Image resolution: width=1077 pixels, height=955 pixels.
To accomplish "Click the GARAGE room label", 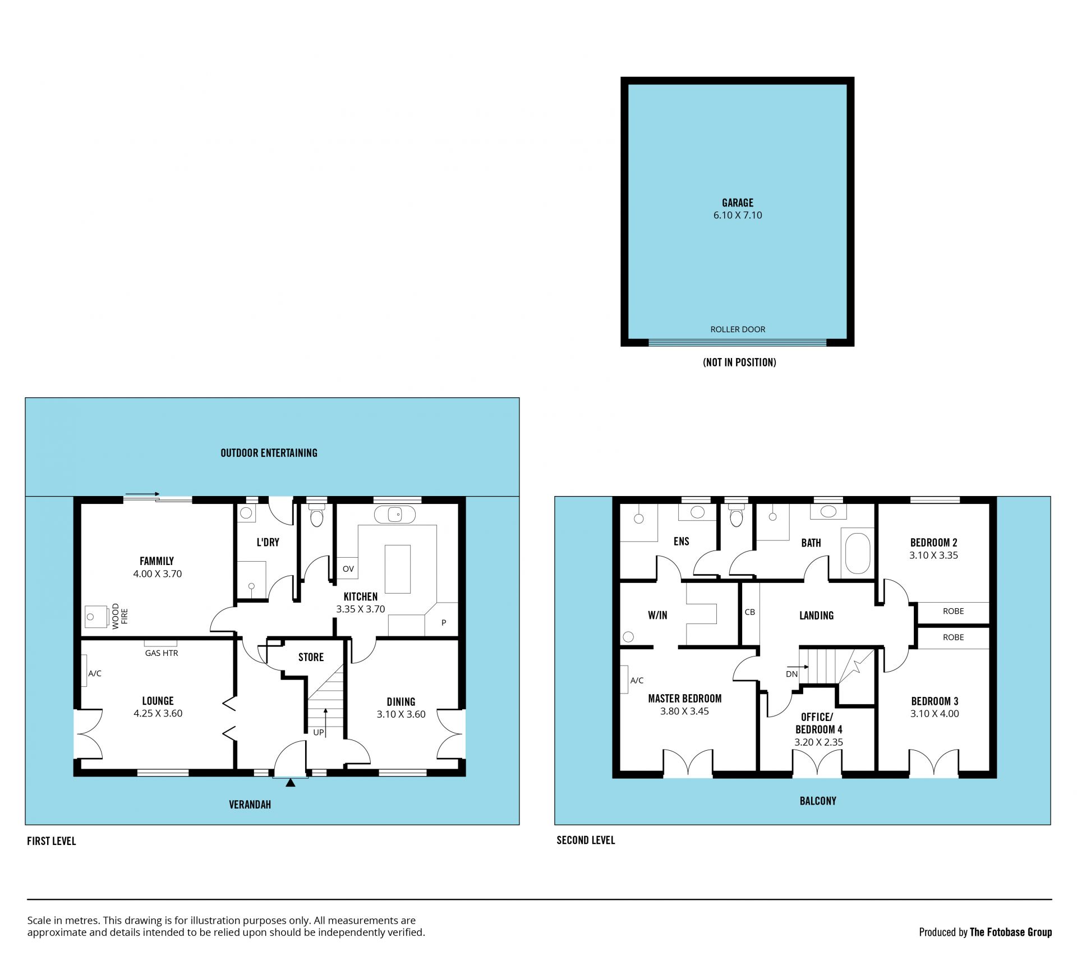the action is pyautogui.click(x=738, y=203).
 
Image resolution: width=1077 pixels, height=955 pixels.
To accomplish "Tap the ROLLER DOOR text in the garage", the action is pyautogui.click(x=738, y=329).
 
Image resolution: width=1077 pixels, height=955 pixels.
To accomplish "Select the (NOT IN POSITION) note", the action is pyautogui.click(x=739, y=362).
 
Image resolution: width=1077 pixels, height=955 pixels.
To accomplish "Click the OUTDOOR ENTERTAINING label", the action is pyautogui.click(x=269, y=453).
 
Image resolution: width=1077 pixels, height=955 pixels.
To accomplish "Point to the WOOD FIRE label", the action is pyautogui.click(x=120, y=616).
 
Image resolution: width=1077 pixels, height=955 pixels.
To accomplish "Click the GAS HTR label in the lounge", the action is pyautogui.click(x=162, y=653).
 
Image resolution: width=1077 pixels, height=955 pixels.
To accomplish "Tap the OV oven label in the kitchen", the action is pyautogui.click(x=348, y=569).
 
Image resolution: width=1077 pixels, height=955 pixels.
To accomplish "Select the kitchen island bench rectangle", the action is pyautogui.click(x=397, y=568).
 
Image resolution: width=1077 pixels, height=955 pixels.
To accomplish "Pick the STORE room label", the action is pyautogui.click(x=311, y=657).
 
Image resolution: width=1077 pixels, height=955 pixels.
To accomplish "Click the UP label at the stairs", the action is pyautogui.click(x=319, y=732).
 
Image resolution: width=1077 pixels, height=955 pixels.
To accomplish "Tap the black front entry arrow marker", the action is pyautogui.click(x=290, y=782).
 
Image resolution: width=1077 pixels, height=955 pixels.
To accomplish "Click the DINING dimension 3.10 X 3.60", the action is pyautogui.click(x=401, y=714).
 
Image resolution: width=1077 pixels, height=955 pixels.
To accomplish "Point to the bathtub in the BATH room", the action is pyautogui.click(x=857, y=553).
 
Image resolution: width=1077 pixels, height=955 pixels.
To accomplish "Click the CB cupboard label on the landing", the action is pyautogui.click(x=750, y=612).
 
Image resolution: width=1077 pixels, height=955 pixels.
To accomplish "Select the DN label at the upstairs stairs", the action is pyautogui.click(x=791, y=674).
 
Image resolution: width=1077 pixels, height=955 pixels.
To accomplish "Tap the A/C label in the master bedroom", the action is pyautogui.click(x=637, y=681).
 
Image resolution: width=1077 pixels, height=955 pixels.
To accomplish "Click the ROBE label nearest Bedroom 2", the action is pyautogui.click(x=953, y=611).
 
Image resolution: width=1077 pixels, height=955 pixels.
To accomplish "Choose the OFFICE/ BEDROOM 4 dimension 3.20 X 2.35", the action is pyautogui.click(x=818, y=742).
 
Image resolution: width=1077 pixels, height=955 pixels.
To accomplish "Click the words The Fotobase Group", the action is pyautogui.click(x=1011, y=932).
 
